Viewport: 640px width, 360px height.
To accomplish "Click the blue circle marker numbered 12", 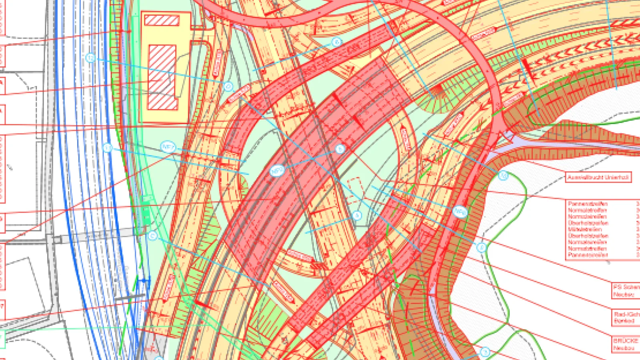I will [x=90, y=58].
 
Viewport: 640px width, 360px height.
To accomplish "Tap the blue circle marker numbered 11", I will [x=107, y=148].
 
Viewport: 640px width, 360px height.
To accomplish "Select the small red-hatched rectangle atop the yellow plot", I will [x=162, y=20].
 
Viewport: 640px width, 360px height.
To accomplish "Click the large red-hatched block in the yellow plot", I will [x=162, y=77].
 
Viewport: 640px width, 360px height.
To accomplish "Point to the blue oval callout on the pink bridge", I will [x=277, y=171].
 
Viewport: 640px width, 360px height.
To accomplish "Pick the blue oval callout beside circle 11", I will [x=168, y=147].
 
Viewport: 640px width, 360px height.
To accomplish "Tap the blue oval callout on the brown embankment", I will [x=460, y=212].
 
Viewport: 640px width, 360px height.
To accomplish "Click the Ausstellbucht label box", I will [x=598, y=177].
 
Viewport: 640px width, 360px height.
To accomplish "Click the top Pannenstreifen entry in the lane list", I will [x=588, y=204].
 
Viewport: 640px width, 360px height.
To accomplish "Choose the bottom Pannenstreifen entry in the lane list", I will [x=588, y=255].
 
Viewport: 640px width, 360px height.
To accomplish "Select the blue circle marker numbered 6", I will [x=337, y=42].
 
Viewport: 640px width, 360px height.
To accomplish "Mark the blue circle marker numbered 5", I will [x=340, y=149].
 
